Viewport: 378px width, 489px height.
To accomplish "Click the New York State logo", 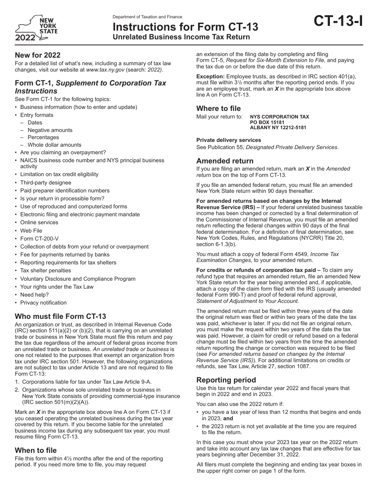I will point(36,28).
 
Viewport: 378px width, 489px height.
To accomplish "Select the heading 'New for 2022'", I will point(37,55).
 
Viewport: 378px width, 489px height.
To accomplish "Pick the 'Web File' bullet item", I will point(31,231).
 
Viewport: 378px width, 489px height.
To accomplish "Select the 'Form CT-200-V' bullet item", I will point(39,239).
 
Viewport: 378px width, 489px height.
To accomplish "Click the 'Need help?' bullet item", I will point(34,295).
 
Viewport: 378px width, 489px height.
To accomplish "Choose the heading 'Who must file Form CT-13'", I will point(60,316).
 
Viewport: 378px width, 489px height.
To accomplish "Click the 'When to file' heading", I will point(36,450).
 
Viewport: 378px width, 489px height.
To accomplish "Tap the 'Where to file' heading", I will point(218,109).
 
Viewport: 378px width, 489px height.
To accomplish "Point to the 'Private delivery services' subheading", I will point(229,140).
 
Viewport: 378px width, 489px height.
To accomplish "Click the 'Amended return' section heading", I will point(225,161).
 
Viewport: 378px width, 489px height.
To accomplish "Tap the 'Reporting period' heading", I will point(226,380).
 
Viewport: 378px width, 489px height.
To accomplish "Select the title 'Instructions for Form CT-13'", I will point(185,27).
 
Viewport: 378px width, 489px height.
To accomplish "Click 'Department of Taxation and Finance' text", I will point(147,17).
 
